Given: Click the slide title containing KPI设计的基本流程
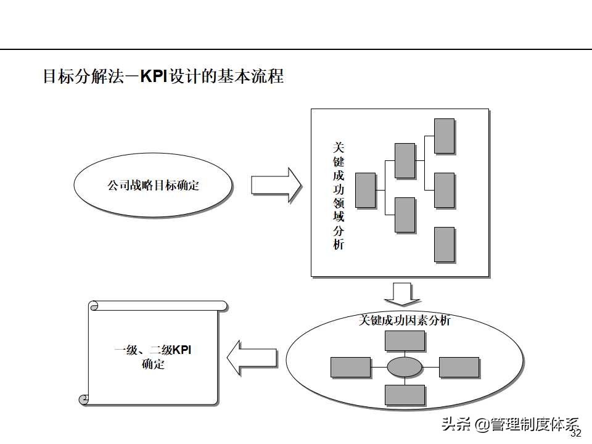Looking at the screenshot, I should (163, 76).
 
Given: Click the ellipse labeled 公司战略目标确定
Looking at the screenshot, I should (153, 185).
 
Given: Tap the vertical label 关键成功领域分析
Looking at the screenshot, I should (339, 195).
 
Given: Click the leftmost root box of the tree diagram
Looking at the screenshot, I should (366, 190).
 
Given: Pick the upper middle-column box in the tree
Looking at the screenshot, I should (405, 160).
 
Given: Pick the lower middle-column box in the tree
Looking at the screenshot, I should (405, 215).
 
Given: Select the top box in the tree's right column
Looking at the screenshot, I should (444, 136).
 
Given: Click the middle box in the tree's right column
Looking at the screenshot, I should (444, 190).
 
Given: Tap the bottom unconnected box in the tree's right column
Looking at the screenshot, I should (444, 244).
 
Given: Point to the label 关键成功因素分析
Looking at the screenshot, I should (405, 321).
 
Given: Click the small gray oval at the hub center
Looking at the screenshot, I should (405, 368).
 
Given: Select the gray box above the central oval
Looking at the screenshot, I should (405, 341).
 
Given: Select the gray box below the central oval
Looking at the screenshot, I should (405, 395).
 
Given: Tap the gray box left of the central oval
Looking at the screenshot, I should (350, 368).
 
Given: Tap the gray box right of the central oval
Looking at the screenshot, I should (459, 368).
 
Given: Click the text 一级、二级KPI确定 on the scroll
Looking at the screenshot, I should (153, 357).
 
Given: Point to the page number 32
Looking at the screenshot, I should (576, 434).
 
